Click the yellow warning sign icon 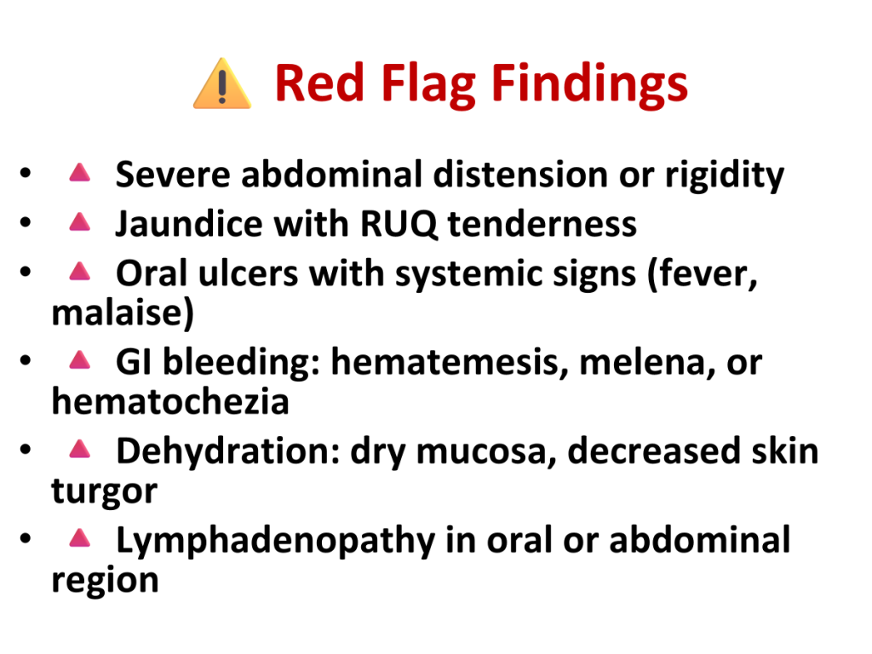click(x=222, y=83)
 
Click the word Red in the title click(x=319, y=83)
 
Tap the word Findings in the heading click(x=589, y=85)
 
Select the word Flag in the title click(x=427, y=85)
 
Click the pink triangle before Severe click(x=79, y=172)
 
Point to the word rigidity click(x=725, y=175)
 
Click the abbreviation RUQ click(x=399, y=225)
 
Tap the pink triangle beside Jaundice click(x=79, y=222)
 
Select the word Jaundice click(x=188, y=224)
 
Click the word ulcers click(x=248, y=274)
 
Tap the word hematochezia click(x=170, y=402)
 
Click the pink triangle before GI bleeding click(x=79, y=360)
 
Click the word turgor click(x=105, y=491)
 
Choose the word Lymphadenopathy click(x=275, y=541)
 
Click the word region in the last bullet click(x=105, y=581)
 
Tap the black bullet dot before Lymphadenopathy click(x=25, y=538)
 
